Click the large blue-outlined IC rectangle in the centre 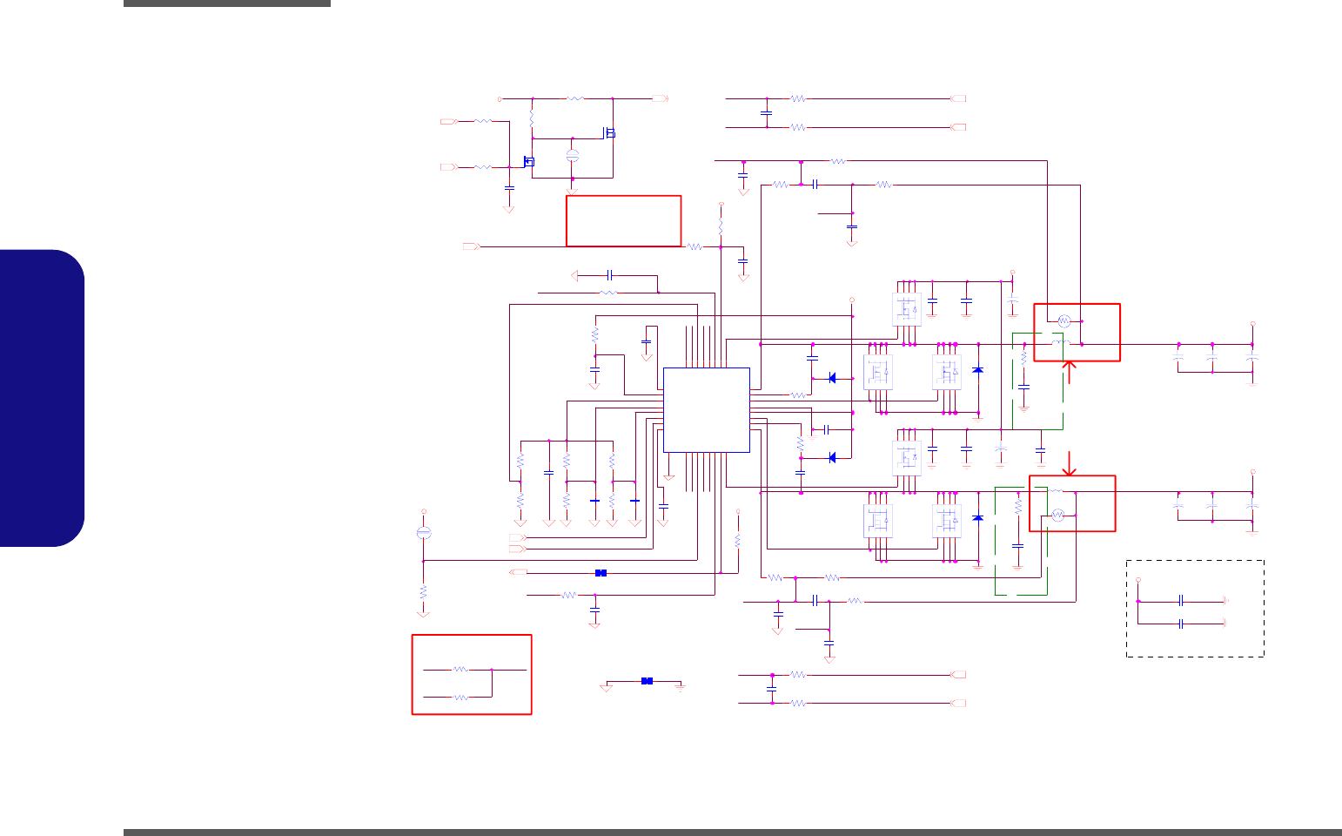706,409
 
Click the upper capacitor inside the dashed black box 1181,601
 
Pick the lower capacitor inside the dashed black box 1181,624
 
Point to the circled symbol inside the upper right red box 1063,320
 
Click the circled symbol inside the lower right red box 1058,516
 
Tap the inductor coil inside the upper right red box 1060,343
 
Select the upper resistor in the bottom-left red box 460,669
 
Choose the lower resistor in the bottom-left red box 460,697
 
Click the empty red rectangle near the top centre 623,221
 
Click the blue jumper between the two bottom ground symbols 647,681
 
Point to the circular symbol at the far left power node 424,532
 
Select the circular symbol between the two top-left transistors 572,155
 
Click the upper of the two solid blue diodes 833,378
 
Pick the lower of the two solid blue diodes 833,457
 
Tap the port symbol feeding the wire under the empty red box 471,246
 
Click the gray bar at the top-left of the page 226,3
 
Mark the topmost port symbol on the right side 959,98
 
